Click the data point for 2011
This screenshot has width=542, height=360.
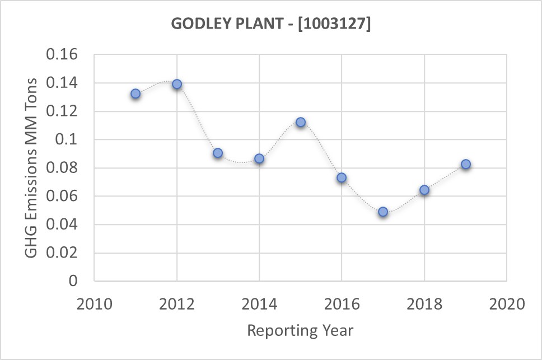(135, 93)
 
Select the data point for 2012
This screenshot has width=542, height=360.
(177, 84)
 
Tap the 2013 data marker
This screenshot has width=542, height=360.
(218, 153)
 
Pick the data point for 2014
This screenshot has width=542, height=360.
(259, 158)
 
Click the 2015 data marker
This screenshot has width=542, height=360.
(301, 122)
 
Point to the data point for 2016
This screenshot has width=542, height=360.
(342, 177)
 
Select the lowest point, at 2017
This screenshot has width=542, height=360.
(383, 212)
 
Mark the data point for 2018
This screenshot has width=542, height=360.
(424, 190)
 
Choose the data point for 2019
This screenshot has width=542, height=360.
(465, 164)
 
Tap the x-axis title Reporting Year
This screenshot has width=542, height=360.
(300, 330)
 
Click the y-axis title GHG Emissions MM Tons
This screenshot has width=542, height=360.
(32, 168)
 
